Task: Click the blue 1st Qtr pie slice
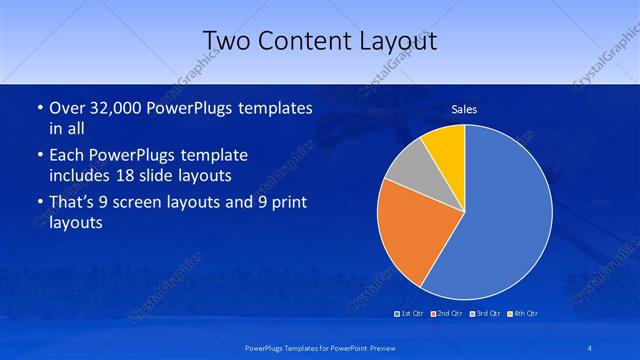pyautogui.click(x=500, y=220)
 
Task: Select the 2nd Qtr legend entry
pyautogui.click(x=447, y=314)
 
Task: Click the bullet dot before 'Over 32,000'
pyautogui.click(x=38, y=108)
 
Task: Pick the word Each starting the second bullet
pyautogui.click(x=67, y=156)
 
